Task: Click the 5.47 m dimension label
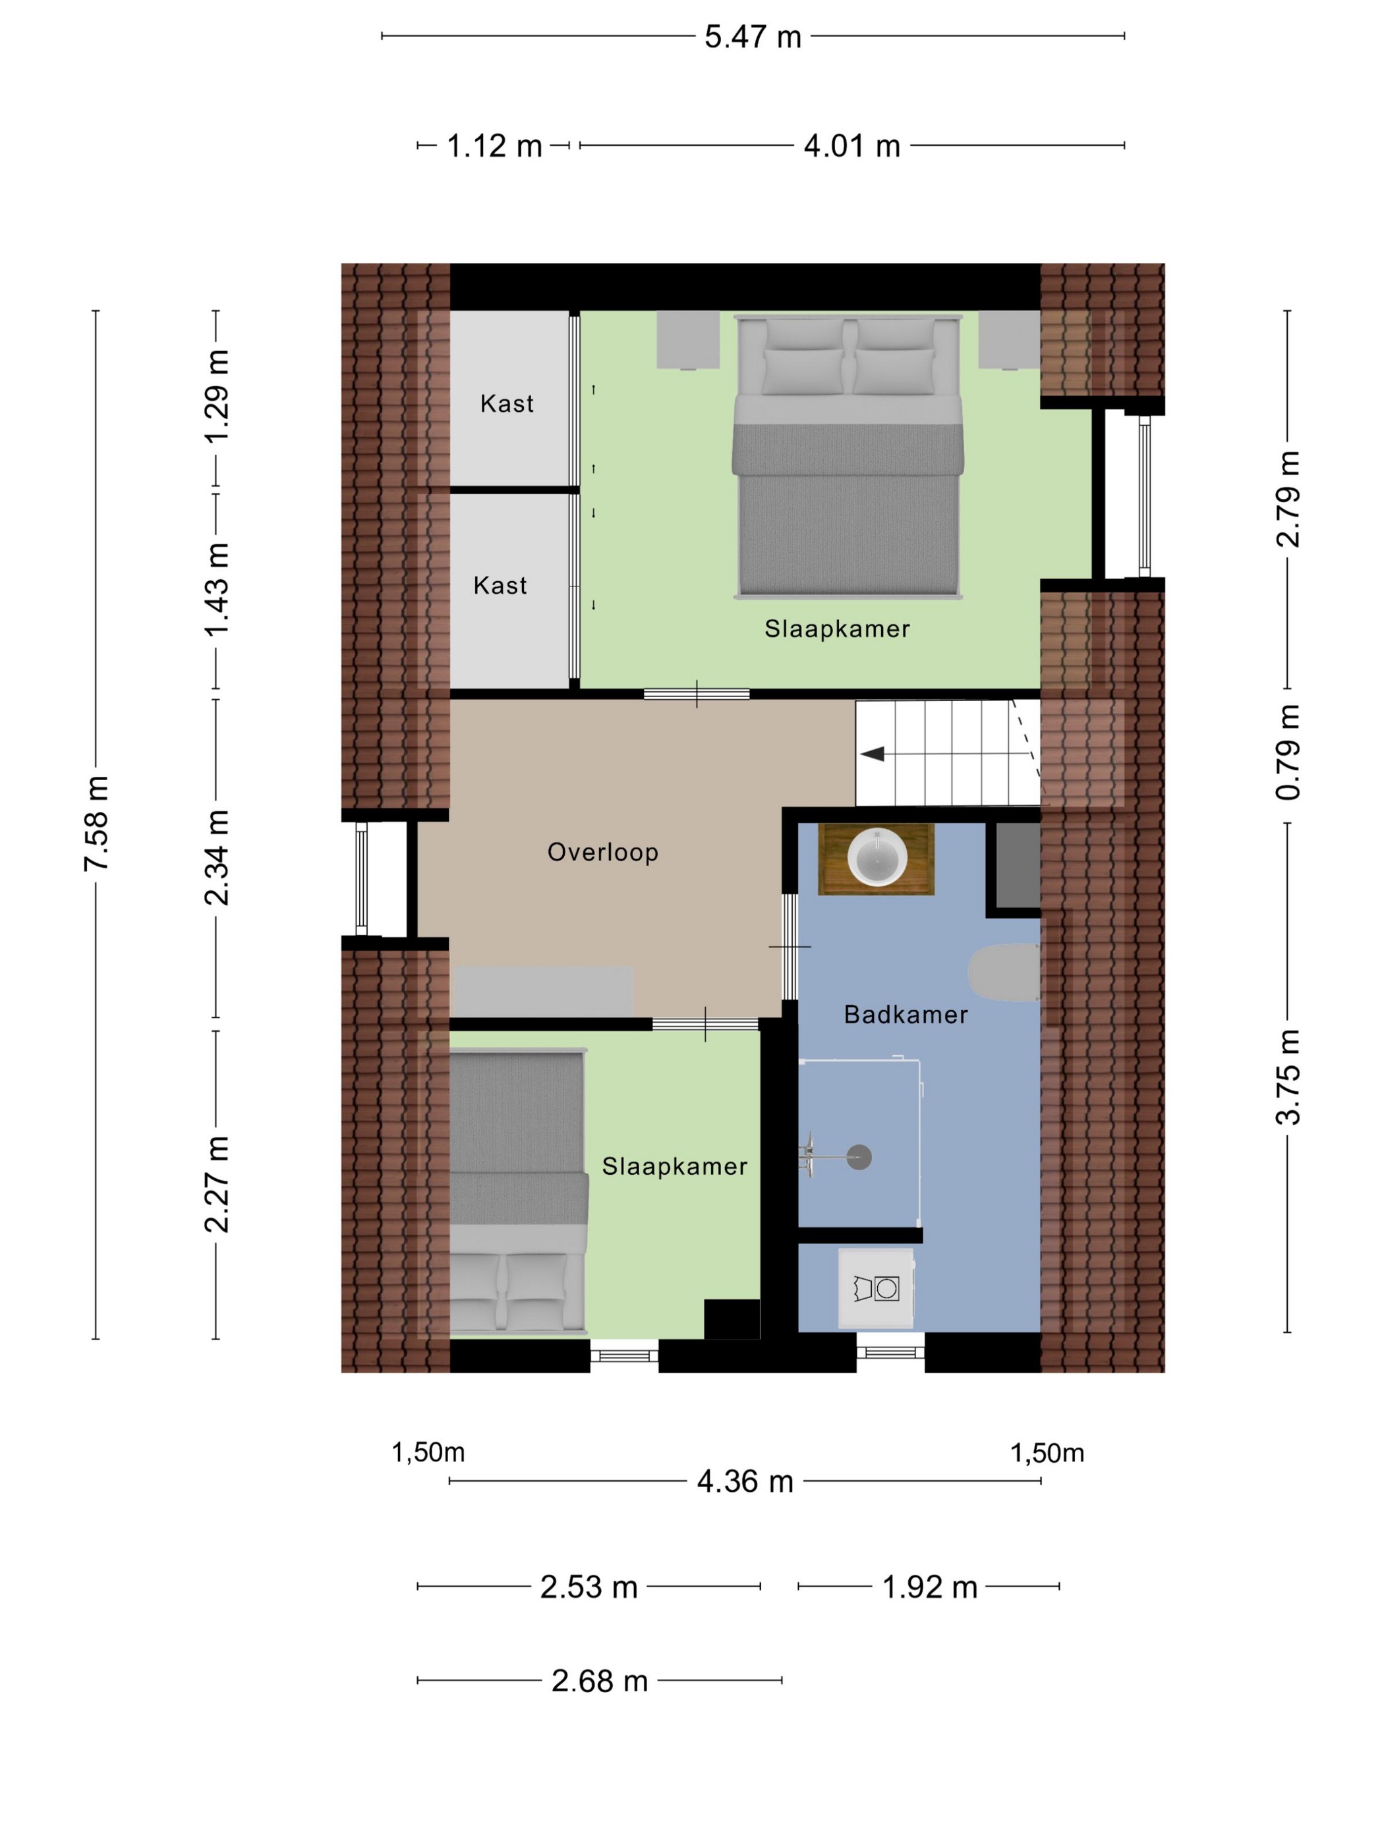click(x=753, y=37)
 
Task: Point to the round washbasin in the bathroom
click(x=877, y=857)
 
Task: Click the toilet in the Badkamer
click(x=1004, y=972)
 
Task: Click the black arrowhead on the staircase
click(x=872, y=754)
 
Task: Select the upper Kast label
click(x=506, y=404)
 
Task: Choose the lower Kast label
click(x=500, y=586)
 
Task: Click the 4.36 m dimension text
click(x=745, y=1481)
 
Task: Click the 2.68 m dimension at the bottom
click(x=600, y=1681)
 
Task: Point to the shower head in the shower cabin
click(x=859, y=1157)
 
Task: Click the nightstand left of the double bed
click(x=688, y=340)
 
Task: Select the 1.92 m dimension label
click(x=929, y=1587)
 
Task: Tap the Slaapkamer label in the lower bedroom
click(x=674, y=1166)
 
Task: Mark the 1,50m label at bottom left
click(x=428, y=1452)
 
